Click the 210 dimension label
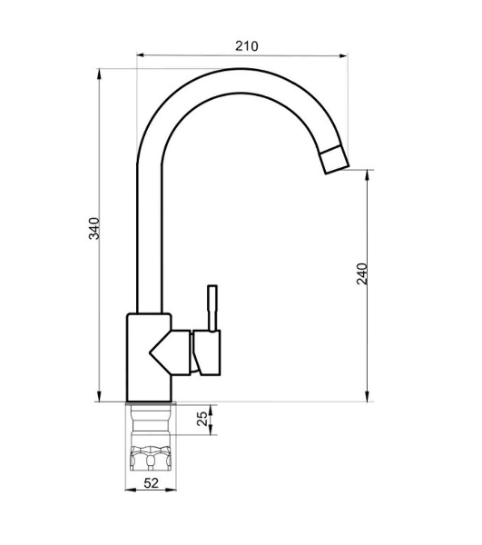point(247,46)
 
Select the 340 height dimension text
point(94,228)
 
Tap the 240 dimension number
point(362,274)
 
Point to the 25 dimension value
point(202,419)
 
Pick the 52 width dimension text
point(151,483)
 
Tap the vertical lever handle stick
point(212,308)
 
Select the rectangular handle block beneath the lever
point(207,352)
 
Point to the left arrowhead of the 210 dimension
point(140,55)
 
